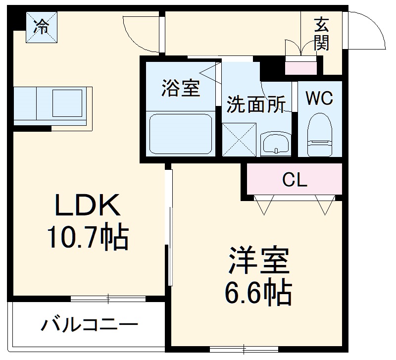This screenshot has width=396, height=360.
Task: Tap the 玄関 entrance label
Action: pyautogui.click(x=321, y=34)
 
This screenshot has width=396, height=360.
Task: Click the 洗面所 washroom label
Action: pyautogui.click(x=256, y=104)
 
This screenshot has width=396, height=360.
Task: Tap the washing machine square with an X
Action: pyautogui.click(x=239, y=139)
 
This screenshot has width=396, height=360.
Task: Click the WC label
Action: pyautogui.click(x=319, y=98)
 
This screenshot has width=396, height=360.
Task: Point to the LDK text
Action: pyautogui.click(x=87, y=206)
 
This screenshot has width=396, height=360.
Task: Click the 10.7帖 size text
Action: pyautogui.click(x=87, y=237)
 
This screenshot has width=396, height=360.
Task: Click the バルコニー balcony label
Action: pyautogui.click(x=89, y=325)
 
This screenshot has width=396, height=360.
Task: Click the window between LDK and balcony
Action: pyautogui.click(x=108, y=299)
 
